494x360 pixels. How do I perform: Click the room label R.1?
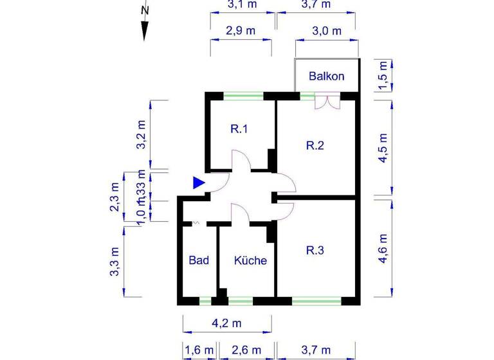point(239,129)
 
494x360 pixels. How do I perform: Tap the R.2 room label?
point(315,145)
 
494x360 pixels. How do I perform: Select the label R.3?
point(315,250)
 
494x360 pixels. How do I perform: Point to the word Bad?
point(199,260)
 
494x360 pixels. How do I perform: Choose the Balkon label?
point(326,76)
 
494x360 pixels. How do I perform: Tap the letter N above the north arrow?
point(145,10)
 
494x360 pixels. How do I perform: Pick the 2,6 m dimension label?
point(246,350)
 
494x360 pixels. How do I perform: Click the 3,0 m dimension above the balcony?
point(326,30)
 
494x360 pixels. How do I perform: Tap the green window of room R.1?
point(243,96)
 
